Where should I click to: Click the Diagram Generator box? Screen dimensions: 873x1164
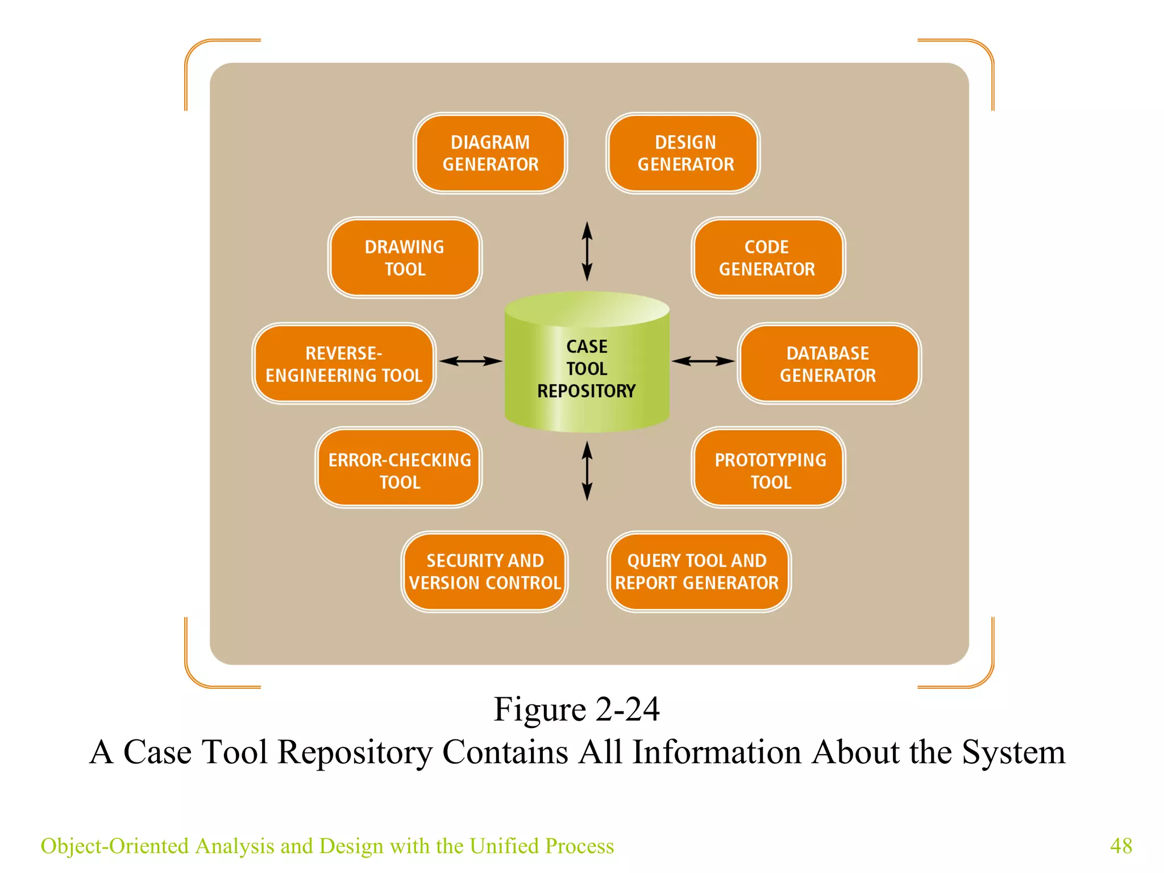(490, 153)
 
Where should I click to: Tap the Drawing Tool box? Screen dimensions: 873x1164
(405, 257)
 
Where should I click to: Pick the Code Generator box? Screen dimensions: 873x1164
(768, 257)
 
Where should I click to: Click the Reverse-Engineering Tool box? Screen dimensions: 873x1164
(344, 364)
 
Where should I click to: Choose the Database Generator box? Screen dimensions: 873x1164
(829, 364)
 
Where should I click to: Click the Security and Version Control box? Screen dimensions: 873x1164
(484, 572)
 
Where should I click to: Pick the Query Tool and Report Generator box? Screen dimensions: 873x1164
(699, 572)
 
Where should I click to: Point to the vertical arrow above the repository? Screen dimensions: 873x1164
(587, 251)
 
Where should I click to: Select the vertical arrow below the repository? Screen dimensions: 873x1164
(587, 471)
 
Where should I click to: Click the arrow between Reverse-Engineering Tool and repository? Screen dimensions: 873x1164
(471, 361)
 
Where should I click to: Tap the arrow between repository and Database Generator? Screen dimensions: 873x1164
(703, 361)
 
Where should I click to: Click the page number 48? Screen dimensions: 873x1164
(1121, 846)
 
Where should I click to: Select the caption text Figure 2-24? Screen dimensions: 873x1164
(576, 709)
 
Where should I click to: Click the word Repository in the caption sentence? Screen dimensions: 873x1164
(355, 753)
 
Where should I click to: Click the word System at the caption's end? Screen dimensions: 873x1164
(1013, 753)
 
